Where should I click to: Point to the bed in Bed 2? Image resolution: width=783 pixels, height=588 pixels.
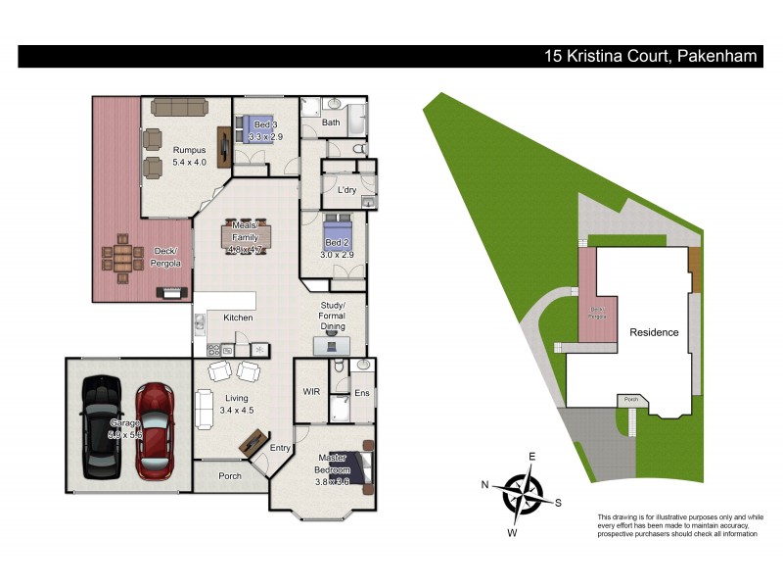tap(333, 236)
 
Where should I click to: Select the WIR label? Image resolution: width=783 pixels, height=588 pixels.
tap(311, 391)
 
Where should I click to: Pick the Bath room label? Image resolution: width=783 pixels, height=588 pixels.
tap(331, 122)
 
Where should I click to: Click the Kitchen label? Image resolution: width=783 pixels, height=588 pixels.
tap(239, 318)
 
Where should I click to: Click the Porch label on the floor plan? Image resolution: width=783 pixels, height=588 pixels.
tap(230, 477)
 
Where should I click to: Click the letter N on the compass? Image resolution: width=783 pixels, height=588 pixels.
tap(484, 484)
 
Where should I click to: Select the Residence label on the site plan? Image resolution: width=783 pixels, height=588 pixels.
tap(653, 332)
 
